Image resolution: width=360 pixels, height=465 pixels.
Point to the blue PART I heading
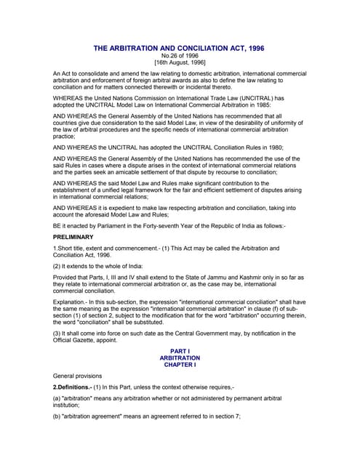(179, 351)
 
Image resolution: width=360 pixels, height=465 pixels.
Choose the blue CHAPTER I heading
(179, 365)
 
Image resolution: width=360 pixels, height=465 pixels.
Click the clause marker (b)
(57, 429)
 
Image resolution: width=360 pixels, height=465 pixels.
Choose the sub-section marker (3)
(57, 333)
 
